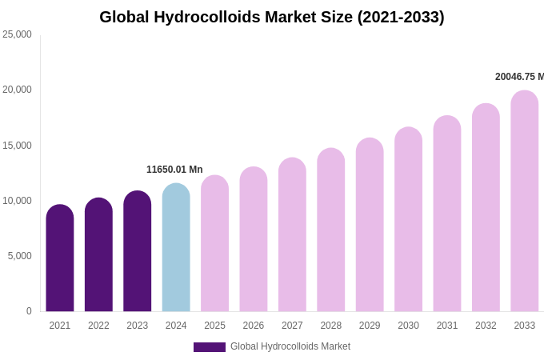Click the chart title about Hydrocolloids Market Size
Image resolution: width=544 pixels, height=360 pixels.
[x=272, y=17]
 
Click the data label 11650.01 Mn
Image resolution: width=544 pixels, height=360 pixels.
[x=174, y=170]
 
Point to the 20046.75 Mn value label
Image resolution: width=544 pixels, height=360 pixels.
[x=519, y=77]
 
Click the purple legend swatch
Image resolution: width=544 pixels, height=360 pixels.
[x=210, y=347]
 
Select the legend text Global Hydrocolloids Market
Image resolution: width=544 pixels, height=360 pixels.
[x=290, y=346]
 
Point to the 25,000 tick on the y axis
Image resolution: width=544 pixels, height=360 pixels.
[x=17, y=34]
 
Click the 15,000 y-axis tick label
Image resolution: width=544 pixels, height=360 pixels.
[x=17, y=146]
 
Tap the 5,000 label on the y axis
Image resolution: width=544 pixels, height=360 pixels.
[x=19, y=256]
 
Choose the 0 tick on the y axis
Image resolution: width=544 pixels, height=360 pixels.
[x=29, y=311]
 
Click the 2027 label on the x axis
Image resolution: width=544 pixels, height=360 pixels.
[x=292, y=326]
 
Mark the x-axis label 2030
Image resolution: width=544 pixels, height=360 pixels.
[x=408, y=326]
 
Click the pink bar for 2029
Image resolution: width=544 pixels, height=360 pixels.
[x=370, y=226]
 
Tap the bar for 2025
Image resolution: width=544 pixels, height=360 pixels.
[x=214, y=244]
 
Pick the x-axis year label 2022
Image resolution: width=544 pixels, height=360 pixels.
[x=98, y=326]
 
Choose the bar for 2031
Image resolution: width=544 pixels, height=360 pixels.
[x=447, y=214]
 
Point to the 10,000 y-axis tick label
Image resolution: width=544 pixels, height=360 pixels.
[x=17, y=201]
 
